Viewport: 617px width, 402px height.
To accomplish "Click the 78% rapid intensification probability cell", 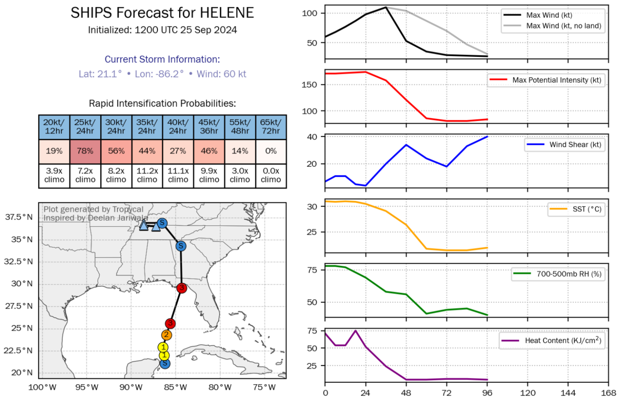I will pos(85,151).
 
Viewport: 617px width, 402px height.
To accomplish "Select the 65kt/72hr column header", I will pos(271,127).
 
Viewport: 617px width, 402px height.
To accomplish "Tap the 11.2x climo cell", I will pos(147,175).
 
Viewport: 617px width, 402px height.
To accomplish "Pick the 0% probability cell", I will pos(271,151).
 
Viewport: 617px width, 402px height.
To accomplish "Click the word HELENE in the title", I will pos(227,13).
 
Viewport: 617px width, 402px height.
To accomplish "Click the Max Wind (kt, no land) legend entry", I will pos(563,26).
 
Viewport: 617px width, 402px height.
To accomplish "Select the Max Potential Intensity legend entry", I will pos(557,80).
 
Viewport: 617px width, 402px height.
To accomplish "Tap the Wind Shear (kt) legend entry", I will pos(575,145).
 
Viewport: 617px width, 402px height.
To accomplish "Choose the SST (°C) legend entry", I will pos(587,209).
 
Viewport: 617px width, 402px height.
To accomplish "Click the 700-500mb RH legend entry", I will pos(569,274).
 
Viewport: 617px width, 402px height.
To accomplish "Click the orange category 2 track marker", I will pos(167,335).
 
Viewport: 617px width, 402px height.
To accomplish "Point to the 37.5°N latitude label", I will pos(19,217).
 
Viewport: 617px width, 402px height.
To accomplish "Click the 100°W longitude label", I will pos(42,387).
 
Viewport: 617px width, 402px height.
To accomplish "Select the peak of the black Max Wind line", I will pos(386,7).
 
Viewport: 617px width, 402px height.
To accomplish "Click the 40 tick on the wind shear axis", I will pos(312,137).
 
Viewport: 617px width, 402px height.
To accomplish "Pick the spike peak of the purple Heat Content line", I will pos(355,331).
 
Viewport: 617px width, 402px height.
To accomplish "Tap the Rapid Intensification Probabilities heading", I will pos(162,104).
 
